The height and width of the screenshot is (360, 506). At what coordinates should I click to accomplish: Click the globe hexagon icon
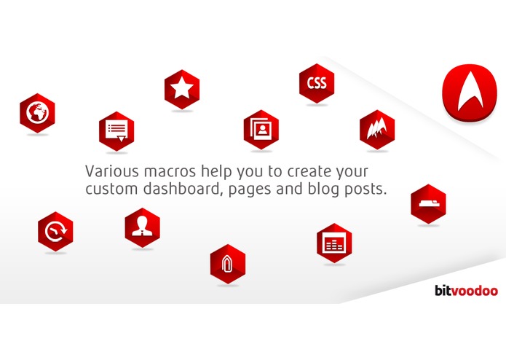coord(37,113)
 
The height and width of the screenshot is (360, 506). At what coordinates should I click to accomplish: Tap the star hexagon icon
coord(181,89)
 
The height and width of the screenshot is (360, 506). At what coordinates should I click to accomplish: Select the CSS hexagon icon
coord(317,83)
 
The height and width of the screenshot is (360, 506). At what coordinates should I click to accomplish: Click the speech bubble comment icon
coord(116,130)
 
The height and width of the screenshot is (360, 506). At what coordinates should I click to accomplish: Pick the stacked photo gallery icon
coord(261,129)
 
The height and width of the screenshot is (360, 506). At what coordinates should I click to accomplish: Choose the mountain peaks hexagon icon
coord(377,129)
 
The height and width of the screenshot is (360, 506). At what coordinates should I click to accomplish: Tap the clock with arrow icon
coord(55,232)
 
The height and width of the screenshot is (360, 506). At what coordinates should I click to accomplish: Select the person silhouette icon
coord(142,227)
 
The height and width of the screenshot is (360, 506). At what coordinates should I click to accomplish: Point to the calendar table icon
coord(334,242)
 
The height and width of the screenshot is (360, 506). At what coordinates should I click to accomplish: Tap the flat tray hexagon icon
coord(428,203)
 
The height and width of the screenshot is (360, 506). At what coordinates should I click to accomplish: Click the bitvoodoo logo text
coord(465,291)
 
